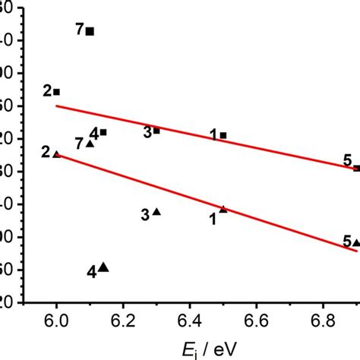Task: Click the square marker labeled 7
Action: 90,31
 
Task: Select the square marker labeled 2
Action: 56,92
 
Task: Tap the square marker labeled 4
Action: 103,132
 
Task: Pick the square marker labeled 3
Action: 156,131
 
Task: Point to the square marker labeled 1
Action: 223,135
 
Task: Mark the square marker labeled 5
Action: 356,168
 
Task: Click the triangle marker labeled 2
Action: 56,154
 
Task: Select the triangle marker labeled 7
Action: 90,144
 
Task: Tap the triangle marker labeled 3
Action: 156,212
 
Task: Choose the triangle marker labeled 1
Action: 223,209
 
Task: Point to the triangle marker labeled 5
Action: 356,243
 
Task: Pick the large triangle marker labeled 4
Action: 103,267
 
